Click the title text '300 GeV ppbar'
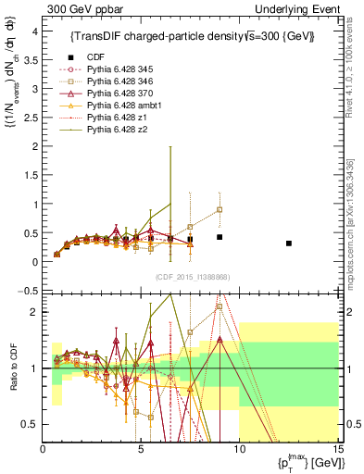point(75,8)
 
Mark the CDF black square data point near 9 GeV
point(220,237)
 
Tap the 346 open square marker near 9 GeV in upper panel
point(220,209)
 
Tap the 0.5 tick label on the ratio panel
point(30,424)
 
